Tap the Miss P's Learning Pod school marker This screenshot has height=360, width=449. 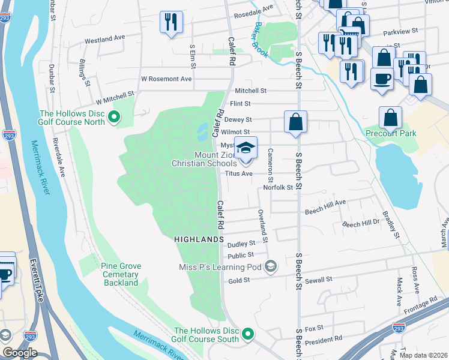(271, 266)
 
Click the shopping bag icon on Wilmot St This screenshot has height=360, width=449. (295, 122)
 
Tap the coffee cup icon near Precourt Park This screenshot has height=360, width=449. (381, 79)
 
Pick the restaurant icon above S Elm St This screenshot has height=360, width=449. (171, 23)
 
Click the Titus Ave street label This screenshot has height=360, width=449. (239, 174)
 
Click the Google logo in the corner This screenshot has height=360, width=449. (19, 353)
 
